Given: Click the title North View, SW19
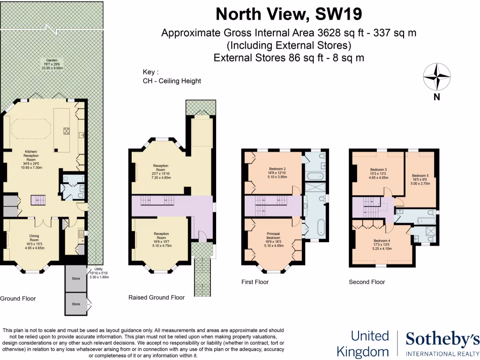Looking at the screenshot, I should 289,15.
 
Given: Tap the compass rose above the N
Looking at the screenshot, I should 437,77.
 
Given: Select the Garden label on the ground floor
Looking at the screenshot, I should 52,64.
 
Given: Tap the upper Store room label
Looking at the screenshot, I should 76,279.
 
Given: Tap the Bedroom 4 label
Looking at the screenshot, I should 381,245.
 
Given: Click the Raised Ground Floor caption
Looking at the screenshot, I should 157,297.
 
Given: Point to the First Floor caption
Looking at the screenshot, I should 255,282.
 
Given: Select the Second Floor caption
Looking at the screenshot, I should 367,282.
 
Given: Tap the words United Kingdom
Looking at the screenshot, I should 370,344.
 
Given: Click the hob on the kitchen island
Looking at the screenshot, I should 66,131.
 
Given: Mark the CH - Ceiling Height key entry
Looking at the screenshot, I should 172,81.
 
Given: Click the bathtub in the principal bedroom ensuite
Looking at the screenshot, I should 321,227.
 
